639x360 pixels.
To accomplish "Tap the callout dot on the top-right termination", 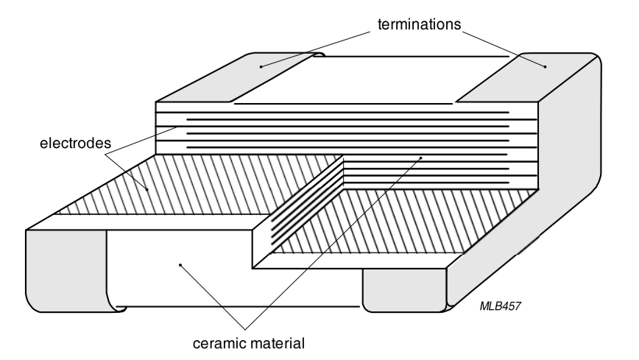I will [545, 67].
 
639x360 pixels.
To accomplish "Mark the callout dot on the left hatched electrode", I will [147, 190].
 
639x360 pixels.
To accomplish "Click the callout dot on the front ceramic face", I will [180, 262].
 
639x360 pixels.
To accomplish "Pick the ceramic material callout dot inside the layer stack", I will [420, 157].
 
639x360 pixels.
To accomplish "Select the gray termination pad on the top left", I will [221, 81].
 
